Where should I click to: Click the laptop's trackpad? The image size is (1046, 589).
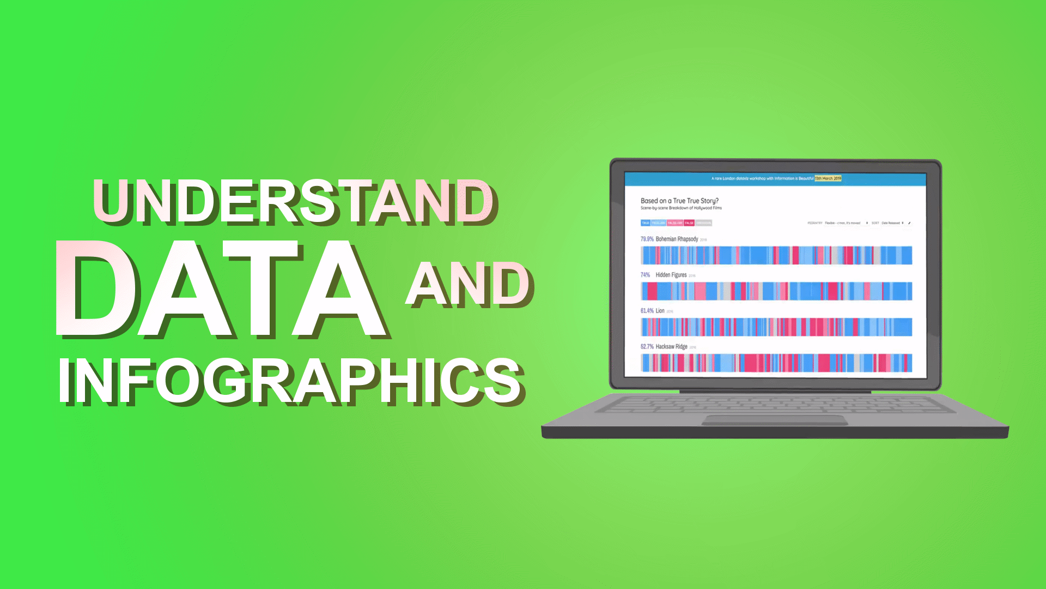[x=774, y=420]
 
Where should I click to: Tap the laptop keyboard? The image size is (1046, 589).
[x=774, y=405]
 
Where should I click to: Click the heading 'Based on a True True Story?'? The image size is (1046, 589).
[x=679, y=201]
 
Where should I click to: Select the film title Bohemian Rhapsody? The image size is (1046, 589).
[x=677, y=239]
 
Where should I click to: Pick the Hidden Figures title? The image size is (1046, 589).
[x=671, y=275]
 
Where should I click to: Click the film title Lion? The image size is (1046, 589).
[x=660, y=311]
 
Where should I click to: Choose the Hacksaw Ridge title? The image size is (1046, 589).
[x=671, y=347]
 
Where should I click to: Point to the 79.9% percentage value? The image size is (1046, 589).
[x=647, y=239]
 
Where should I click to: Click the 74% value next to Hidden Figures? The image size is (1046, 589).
[x=645, y=275]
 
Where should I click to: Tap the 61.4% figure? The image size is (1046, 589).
[x=647, y=311]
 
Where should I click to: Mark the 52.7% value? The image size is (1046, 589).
[x=647, y=347]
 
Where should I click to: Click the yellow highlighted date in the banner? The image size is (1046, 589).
[x=828, y=178]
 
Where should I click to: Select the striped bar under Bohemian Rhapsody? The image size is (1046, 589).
[x=776, y=255]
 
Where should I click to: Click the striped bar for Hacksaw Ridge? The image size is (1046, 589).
[x=776, y=363]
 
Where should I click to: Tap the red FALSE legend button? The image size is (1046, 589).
[x=689, y=223]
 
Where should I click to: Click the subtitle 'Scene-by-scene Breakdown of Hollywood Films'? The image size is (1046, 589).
[x=681, y=208]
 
